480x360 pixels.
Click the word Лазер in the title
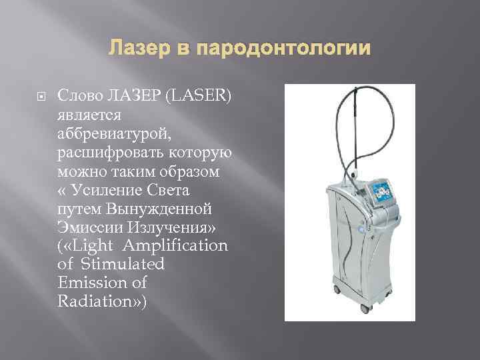[132, 49]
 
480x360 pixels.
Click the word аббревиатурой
[114, 135]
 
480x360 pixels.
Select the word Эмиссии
[87, 228]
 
